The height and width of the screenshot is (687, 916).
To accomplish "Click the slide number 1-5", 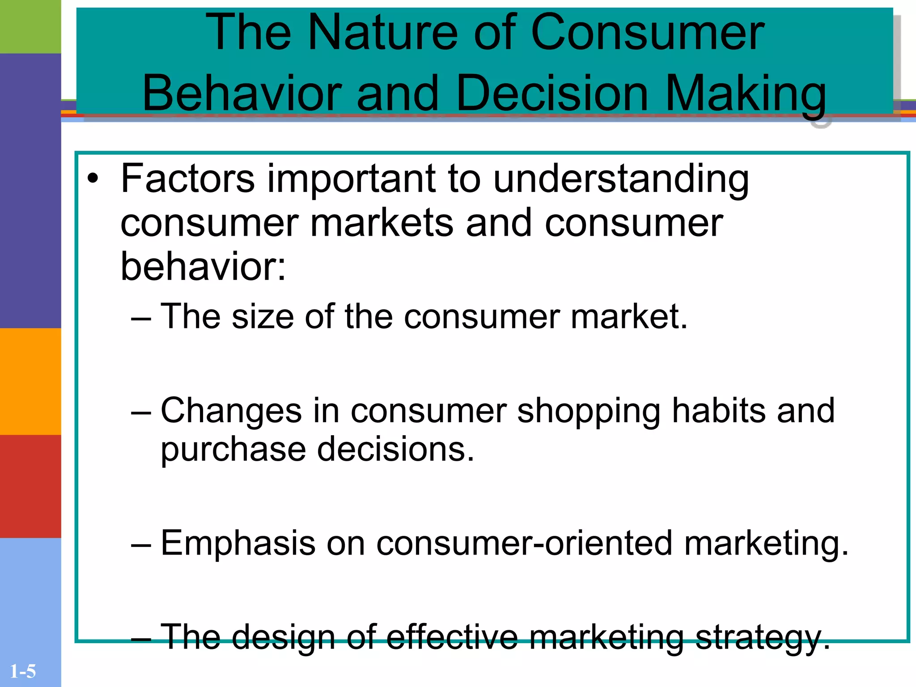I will (x=23, y=671).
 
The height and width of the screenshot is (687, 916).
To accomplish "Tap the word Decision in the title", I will (x=552, y=93).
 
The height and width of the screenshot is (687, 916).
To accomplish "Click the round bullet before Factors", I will (x=93, y=179).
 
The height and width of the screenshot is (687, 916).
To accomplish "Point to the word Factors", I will (x=188, y=178).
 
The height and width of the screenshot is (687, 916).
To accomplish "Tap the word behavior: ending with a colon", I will (x=203, y=266).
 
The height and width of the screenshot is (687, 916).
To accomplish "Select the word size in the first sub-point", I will (x=263, y=317).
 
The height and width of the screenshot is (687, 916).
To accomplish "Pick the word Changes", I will (x=231, y=411).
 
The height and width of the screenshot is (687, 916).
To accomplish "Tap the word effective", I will (x=452, y=637).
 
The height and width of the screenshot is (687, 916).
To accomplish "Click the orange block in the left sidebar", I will (x=30, y=381).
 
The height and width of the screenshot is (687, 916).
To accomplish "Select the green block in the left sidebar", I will (x=30, y=26).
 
